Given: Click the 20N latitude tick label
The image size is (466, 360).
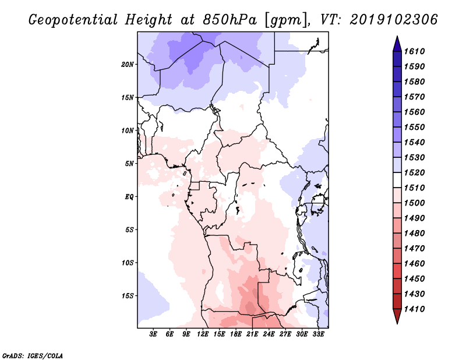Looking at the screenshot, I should coord(128,64).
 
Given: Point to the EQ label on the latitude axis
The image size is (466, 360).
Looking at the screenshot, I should coord(129,196).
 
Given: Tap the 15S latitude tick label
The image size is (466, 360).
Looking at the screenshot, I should coord(128,295).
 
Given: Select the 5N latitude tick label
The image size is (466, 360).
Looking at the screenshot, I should coord(129,163).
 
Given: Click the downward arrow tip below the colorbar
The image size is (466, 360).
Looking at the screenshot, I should coord(397,322).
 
